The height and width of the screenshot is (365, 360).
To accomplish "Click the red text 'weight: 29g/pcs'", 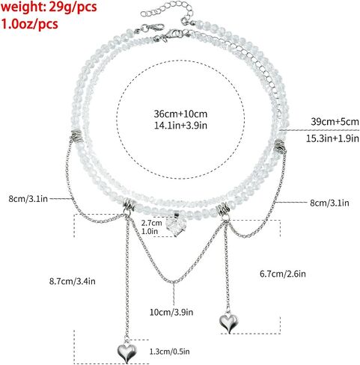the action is click(x=49, y=7).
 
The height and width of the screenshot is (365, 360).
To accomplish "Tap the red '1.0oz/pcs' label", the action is click(x=29, y=24).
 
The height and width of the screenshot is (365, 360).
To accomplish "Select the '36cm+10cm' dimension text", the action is click(x=180, y=114).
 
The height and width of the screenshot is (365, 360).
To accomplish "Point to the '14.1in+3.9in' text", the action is click(x=180, y=125).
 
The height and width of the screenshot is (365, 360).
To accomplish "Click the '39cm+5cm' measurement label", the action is click(x=335, y=122).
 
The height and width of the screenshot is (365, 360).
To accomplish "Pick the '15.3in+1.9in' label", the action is click(x=332, y=138).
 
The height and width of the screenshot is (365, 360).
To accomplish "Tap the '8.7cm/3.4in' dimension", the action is click(x=73, y=281).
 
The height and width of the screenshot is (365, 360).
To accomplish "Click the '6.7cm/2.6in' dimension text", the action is click(x=283, y=274).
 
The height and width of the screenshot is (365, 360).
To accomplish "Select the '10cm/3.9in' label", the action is click(x=171, y=312).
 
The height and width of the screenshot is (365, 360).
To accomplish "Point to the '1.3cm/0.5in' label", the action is click(x=170, y=352).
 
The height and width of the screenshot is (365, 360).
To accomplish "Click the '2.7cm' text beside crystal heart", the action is click(x=151, y=223).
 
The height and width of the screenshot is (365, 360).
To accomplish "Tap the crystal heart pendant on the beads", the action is click(x=176, y=225).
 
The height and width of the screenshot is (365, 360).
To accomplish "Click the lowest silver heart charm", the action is click(x=127, y=352).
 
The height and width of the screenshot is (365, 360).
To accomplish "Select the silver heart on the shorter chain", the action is click(x=228, y=323).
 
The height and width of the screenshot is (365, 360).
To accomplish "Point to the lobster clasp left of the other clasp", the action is click(x=150, y=28).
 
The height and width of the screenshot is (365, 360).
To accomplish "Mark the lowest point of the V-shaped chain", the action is click(x=173, y=282).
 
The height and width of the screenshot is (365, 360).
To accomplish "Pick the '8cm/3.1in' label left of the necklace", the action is click(x=28, y=199).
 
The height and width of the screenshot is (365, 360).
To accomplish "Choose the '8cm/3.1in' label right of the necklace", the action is click(x=329, y=203).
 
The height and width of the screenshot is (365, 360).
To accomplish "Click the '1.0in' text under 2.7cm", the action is click(x=150, y=231).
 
